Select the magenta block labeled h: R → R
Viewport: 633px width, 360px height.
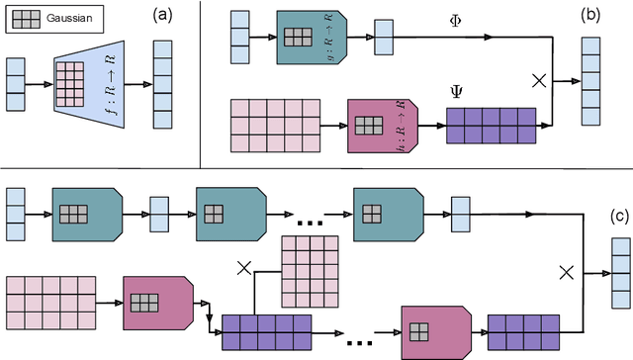382,127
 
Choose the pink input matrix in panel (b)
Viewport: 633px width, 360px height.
274,127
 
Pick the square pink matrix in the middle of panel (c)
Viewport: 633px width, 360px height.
311,272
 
